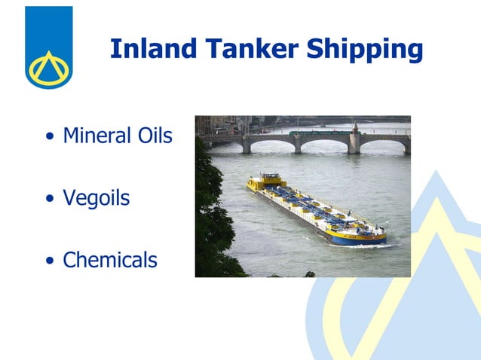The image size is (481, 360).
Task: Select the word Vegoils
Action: pyautogui.click(x=96, y=199)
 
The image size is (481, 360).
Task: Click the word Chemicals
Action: pyautogui.click(x=110, y=261)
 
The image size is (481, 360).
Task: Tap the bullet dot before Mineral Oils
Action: pyautogui.click(x=50, y=138)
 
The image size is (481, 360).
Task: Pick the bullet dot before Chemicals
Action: pyautogui.click(x=50, y=262)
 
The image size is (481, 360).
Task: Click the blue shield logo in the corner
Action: pyautogui.click(x=49, y=47)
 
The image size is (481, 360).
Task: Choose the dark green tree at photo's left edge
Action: pyautogui.click(x=213, y=218)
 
